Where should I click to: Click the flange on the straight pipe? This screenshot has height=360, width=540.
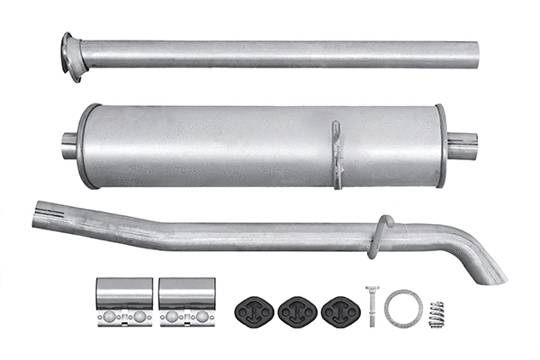70,55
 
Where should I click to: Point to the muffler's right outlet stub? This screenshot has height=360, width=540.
463,146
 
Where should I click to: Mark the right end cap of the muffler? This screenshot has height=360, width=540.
441,146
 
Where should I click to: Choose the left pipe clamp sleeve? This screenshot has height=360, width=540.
125,293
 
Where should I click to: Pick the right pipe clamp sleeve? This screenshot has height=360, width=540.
187,293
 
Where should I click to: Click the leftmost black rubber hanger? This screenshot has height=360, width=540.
253,310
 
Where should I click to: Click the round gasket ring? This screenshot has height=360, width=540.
402,308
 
